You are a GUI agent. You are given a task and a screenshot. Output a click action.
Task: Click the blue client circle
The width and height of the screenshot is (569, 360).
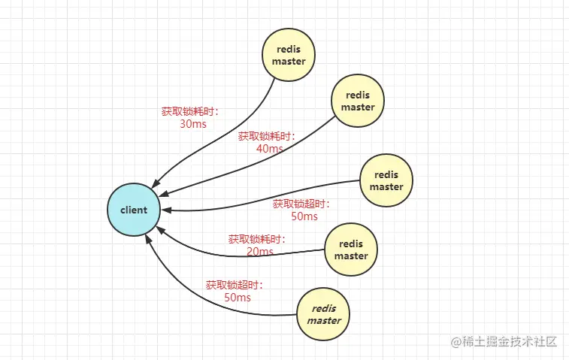pyautogui.click(x=134, y=210)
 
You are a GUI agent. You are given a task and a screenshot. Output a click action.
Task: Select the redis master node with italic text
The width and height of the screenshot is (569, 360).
pyautogui.click(x=323, y=314)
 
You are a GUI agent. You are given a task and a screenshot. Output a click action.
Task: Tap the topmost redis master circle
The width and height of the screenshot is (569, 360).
pyautogui.click(x=289, y=55)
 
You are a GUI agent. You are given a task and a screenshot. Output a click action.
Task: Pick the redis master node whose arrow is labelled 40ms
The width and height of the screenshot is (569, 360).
pyautogui.click(x=358, y=101)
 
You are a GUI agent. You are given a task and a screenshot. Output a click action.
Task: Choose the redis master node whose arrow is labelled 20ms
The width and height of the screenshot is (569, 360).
pyautogui.click(x=351, y=250)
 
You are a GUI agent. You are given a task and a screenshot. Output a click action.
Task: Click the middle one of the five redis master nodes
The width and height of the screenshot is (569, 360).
pyautogui.click(x=386, y=180)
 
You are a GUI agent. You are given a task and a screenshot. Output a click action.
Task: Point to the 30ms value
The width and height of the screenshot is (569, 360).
pyautogui.click(x=193, y=124)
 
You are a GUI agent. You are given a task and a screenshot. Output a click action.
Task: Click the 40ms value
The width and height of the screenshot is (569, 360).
pyautogui.click(x=270, y=148)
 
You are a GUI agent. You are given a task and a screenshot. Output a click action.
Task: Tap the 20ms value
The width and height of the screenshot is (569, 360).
pyautogui.click(x=260, y=251)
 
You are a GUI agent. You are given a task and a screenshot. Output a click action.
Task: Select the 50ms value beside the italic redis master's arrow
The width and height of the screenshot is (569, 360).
pyautogui.click(x=238, y=298)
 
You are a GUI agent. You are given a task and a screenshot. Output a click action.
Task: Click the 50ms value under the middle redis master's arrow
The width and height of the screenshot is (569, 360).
pyautogui.click(x=304, y=216)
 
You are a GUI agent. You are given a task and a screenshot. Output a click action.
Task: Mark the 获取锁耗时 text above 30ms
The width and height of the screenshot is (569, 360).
pyautogui.click(x=189, y=111)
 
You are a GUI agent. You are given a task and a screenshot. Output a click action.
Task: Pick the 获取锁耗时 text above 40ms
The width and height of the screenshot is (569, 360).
pyautogui.click(x=265, y=136)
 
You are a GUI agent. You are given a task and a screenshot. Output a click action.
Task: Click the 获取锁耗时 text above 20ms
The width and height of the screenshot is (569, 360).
pyautogui.click(x=256, y=239)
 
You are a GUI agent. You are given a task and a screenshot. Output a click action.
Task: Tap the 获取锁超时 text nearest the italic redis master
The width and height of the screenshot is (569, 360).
pyautogui.click(x=233, y=285)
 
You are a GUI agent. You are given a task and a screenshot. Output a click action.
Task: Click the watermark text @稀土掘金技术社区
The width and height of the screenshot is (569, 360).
pyautogui.click(x=504, y=341)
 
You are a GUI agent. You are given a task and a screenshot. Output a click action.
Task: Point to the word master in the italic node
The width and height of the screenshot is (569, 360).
pyautogui.click(x=324, y=320)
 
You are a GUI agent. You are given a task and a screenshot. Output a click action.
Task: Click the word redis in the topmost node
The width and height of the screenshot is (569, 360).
pyautogui.click(x=289, y=49)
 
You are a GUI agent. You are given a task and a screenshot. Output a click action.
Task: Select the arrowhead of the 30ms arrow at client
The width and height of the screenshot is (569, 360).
pyautogui.click(x=156, y=184)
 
